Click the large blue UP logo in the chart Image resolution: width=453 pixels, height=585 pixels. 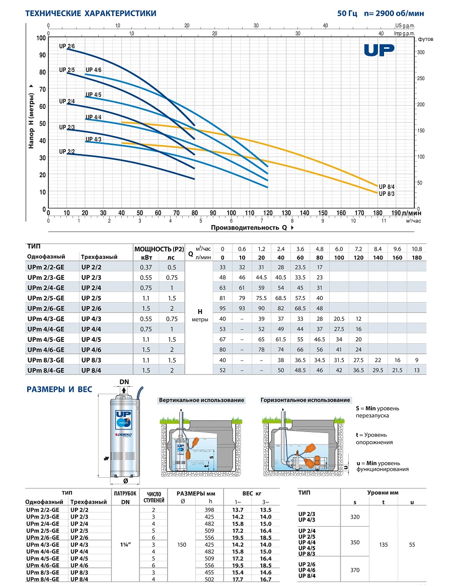point(379,50)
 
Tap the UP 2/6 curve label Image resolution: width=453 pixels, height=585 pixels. point(67,46)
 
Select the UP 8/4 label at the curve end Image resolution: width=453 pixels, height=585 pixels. point(387,187)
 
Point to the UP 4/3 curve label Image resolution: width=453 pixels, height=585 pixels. point(93,139)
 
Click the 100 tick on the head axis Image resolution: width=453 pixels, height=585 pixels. point(41,38)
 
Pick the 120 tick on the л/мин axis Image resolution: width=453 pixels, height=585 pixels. point(268,213)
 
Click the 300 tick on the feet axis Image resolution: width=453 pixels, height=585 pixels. point(421,52)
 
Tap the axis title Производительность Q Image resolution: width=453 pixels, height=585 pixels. point(249,227)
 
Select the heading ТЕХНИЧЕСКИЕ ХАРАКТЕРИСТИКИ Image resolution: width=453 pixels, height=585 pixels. point(91,14)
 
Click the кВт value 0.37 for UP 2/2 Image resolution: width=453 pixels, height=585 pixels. point(146,267)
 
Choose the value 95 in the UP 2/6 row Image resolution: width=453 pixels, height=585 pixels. point(223,308)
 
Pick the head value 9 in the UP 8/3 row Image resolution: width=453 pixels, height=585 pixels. point(417,360)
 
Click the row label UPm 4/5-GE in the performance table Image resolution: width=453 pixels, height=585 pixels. point(46,339)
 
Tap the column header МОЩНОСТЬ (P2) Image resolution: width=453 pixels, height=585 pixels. point(160,249)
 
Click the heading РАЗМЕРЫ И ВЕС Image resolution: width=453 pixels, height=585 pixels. point(59,389)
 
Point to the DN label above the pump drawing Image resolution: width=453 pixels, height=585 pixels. point(124,382)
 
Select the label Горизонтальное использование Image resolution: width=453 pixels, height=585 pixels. point(305,400)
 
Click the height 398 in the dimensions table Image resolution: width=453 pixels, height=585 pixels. point(209,509)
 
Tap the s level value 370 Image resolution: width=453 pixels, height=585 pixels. point(355,570)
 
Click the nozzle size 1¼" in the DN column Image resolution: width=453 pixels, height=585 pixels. point(125,544)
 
